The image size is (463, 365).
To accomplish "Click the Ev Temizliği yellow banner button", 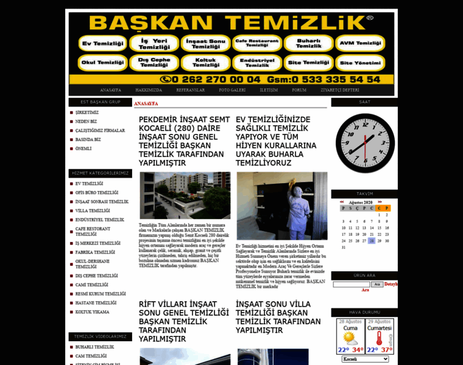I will point(103,44).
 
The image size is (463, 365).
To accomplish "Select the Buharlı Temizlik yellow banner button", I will point(308,44).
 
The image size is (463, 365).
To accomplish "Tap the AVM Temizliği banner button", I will point(360,44).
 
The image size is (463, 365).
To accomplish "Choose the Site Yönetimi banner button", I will point(360,63).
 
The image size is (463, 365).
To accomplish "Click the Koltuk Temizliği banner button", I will point(205,63).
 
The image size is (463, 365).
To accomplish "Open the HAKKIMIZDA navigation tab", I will point(149,90).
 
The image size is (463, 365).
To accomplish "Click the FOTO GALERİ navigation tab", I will point(232,90).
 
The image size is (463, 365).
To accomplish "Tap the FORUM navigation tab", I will point(299,90).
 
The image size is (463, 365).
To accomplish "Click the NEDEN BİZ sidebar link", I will point(86,121).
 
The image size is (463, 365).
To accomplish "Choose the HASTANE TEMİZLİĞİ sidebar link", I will point(96,302).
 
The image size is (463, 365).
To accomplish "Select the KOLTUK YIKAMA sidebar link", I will point(93,311).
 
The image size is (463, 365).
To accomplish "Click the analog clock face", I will point(365,143).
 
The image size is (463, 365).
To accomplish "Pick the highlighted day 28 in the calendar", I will point(372,241).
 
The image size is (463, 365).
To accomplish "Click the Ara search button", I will point(377,284).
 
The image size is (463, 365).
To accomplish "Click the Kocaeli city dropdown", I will point(366,359).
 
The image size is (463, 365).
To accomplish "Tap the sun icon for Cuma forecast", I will point(351,337).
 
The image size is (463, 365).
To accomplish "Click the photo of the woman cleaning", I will point(281,206).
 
